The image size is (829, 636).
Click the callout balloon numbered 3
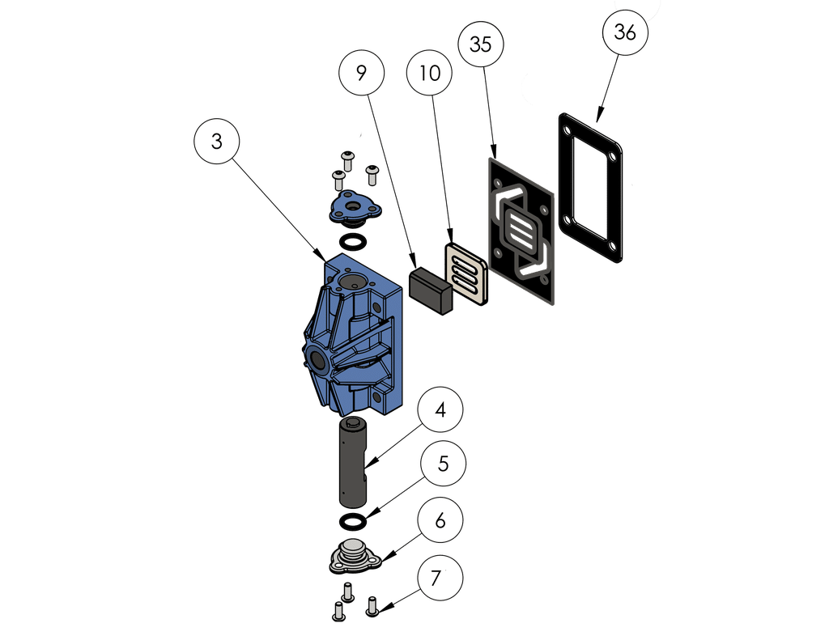pyautogui.click(x=216, y=141)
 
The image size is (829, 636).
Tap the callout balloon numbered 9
pyautogui.click(x=361, y=73)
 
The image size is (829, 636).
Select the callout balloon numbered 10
pyautogui.click(x=430, y=73)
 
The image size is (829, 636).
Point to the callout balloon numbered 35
pyautogui.click(x=481, y=45)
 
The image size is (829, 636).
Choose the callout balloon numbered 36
pyautogui.click(x=625, y=32)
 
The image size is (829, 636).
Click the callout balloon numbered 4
pyautogui.click(x=440, y=410)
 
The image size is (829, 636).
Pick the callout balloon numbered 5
pyautogui.click(x=443, y=464)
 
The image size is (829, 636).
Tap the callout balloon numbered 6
pyautogui.click(x=440, y=520)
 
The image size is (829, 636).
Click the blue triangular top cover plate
pyautogui.click(x=354, y=207)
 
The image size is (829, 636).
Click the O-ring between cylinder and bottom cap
pyautogui.click(x=351, y=519)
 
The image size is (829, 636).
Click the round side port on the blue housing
pyautogui.click(x=315, y=357)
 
